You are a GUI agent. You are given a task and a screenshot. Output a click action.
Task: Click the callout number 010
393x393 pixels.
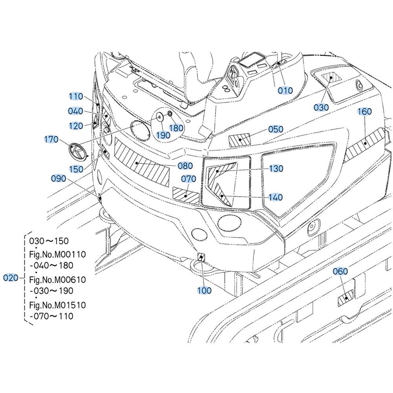click(x=285, y=91)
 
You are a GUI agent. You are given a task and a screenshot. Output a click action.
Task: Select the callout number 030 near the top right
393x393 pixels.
click(x=321, y=107)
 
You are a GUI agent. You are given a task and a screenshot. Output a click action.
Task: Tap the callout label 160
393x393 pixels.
click(x=364, y=112)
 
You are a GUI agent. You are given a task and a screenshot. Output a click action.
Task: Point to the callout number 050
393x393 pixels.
click(x=275, y=129)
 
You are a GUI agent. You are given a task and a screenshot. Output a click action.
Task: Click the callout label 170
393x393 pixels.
click(x=51, y=140)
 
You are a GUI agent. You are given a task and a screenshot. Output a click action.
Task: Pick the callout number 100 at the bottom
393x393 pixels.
click(x=204, y=290)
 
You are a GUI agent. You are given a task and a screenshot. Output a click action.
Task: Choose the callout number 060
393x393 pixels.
click(x=340, y=271)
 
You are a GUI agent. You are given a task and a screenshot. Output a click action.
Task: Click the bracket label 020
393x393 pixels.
click(x=11, y=278)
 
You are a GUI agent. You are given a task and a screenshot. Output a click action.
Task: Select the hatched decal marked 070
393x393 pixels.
click(x=186, y=195)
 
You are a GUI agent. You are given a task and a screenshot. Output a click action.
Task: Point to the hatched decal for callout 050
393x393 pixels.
click(x=239, y=139)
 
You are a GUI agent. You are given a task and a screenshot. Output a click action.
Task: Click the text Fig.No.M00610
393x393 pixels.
click(x=57, y=279)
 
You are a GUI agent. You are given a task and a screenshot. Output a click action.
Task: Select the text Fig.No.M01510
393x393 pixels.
click(x=57, y=305)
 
